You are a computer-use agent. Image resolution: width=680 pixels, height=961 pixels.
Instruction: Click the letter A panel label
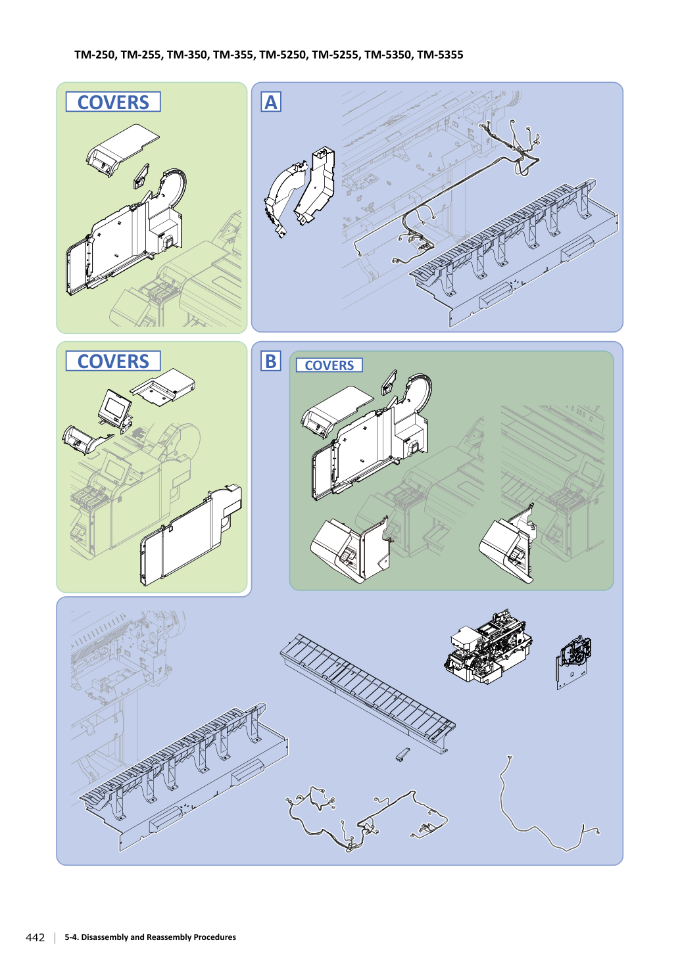271,102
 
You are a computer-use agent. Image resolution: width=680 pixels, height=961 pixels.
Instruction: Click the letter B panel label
271,362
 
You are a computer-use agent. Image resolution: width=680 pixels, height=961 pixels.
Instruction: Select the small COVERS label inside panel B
329,365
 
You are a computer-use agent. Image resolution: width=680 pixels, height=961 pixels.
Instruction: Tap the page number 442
36,937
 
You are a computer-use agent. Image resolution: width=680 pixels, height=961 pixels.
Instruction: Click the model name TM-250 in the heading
95,55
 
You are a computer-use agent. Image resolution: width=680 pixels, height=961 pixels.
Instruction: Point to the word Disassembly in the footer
105,937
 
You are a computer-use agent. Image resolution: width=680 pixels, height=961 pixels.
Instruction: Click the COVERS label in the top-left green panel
113,102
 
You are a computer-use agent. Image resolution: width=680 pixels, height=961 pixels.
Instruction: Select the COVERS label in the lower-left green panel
113,362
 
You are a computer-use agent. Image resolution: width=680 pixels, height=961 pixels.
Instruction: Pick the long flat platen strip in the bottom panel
368,693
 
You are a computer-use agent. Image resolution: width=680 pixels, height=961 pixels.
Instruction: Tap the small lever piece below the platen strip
402,754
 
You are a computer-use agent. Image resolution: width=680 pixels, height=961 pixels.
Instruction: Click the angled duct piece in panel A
316,185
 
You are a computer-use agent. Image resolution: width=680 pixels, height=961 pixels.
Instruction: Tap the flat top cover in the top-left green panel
122,150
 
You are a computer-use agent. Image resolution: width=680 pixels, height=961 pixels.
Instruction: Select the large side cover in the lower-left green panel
191,535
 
